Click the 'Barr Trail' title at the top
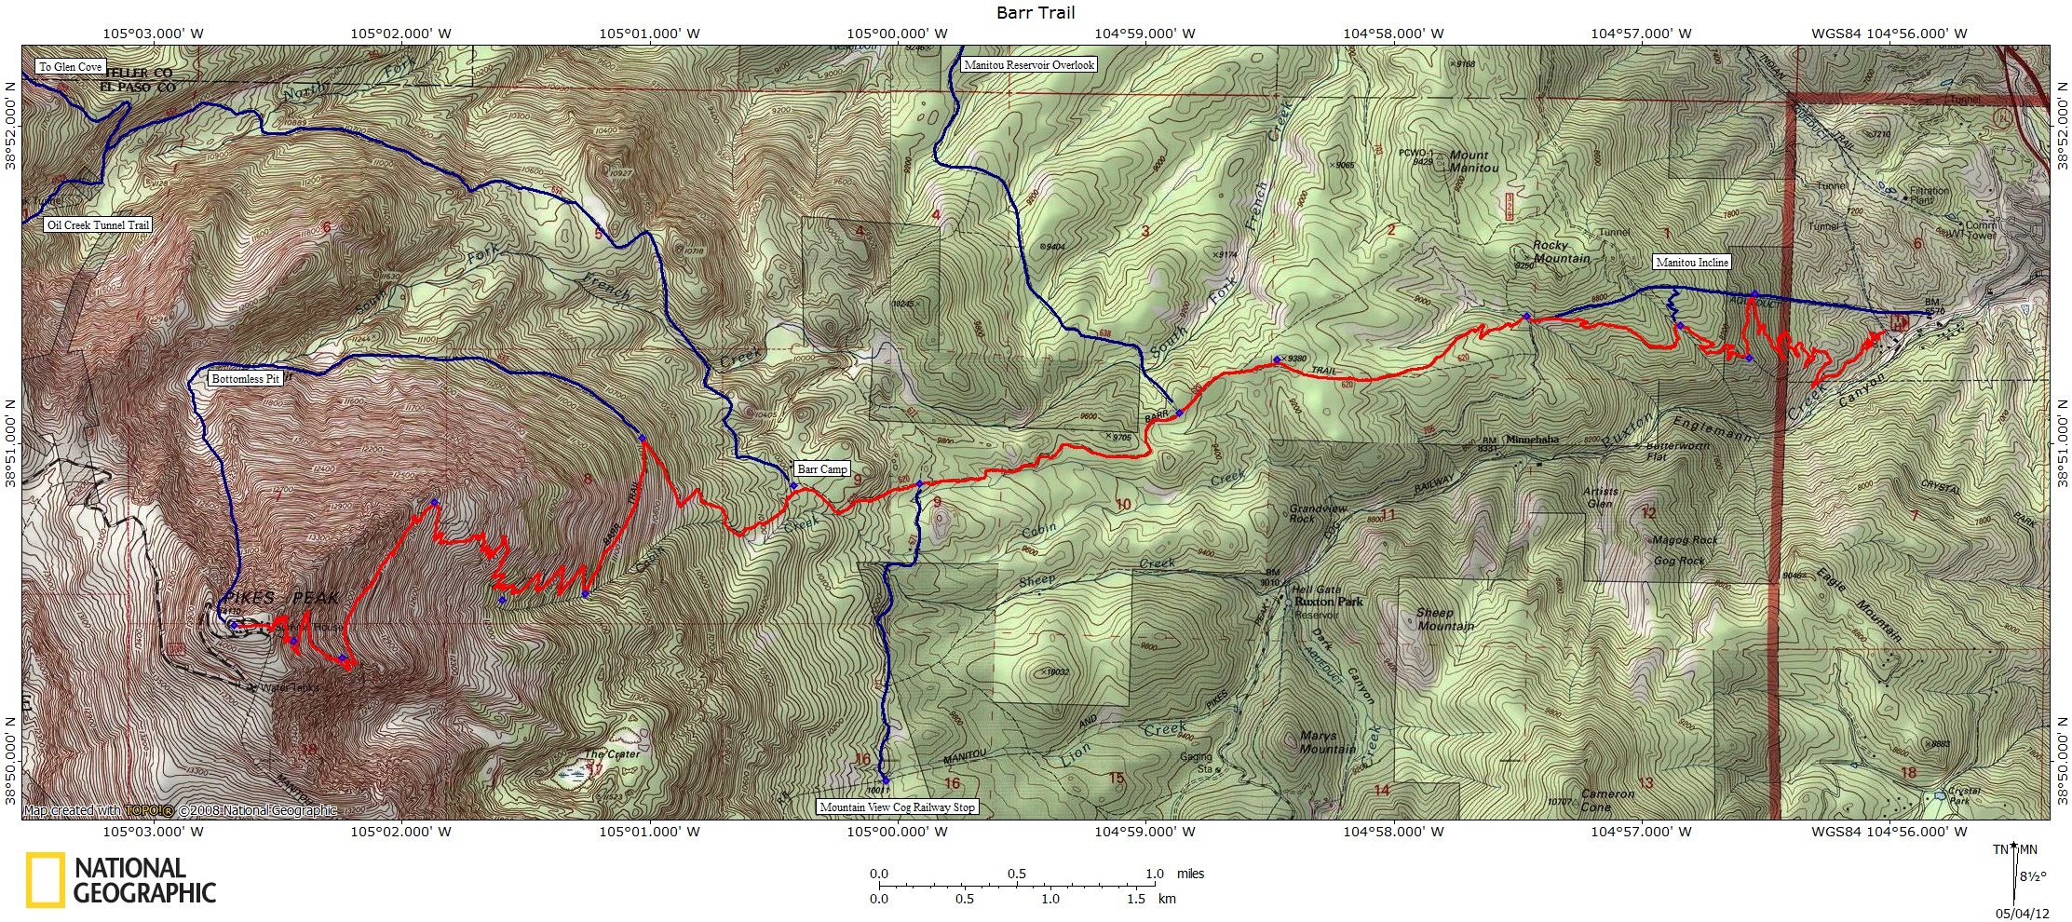tap(1036, 12)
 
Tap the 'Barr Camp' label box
tap(821, 469)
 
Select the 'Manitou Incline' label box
tap(1691, 263)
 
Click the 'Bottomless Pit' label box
tap(245, 379)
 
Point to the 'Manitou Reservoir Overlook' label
tap(1029, 65)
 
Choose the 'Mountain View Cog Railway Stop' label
tap(897, 807)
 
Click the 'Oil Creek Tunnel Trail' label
tap(98, 225)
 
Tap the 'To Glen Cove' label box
tap(71, 67)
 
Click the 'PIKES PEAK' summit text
tap(279, 598)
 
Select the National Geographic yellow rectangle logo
tap(45, 879)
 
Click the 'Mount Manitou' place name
tap(1473, 161)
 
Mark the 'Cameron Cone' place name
tap(1607, 800)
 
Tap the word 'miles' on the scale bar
tap(1190, 874)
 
